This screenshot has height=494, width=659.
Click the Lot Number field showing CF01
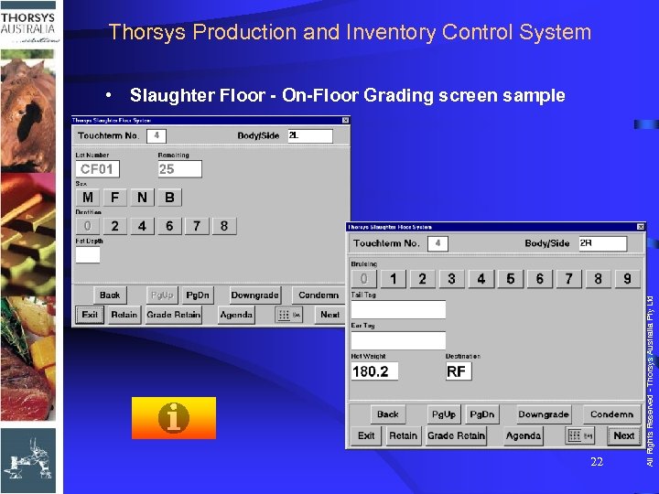pos(97,169)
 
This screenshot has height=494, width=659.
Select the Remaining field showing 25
pos(178,169)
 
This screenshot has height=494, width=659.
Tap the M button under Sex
pos(88,198)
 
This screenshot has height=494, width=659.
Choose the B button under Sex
pos(169,198)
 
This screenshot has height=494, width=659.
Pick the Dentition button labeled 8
pos(224,226)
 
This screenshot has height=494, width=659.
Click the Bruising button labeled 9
pos(627,279)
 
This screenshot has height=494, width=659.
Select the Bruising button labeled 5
pos(510,279)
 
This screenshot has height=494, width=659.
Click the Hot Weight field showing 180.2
pos(374,371)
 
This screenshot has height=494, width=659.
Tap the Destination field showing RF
pos(458,371)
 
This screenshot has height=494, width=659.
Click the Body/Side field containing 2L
pos(309,136)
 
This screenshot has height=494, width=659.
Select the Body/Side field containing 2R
pos(602,243)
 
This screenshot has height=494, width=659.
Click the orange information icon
pos(174,418)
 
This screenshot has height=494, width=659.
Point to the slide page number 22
pos(597,462)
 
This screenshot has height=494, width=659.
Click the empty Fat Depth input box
pos(88,255)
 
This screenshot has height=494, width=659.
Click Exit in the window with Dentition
pos(90,315)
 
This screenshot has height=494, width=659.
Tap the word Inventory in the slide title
pos(392,33)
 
